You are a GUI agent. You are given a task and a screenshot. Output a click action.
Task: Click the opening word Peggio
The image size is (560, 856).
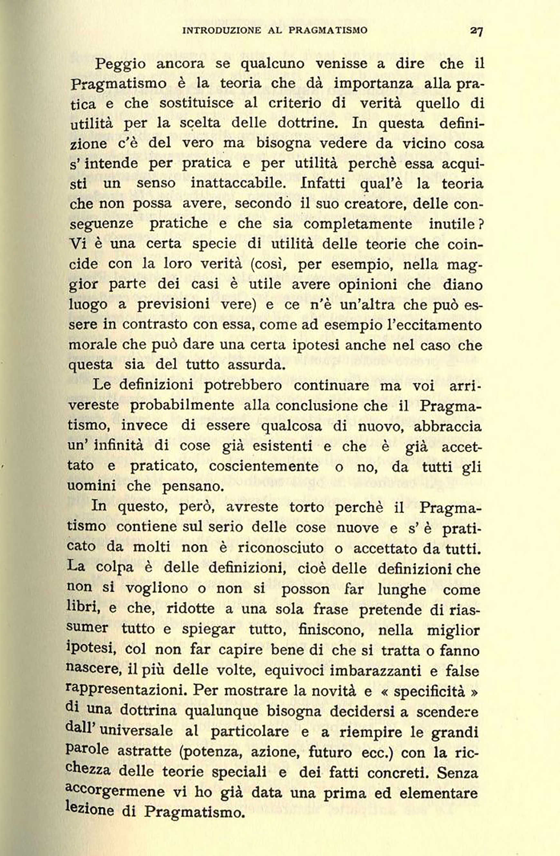click(x=120, y=65)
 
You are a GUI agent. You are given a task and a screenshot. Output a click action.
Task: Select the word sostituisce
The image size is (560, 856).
click(x=196, y=104)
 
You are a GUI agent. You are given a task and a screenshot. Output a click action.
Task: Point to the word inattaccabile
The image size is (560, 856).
click(x=242, y=183)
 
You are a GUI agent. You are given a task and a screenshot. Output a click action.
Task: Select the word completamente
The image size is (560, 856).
click(x=358, y=224)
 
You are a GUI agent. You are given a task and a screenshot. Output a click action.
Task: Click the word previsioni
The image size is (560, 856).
click(x=173, y=304)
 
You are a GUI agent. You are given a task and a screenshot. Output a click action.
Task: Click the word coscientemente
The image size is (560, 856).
click(x=263, y=467)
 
